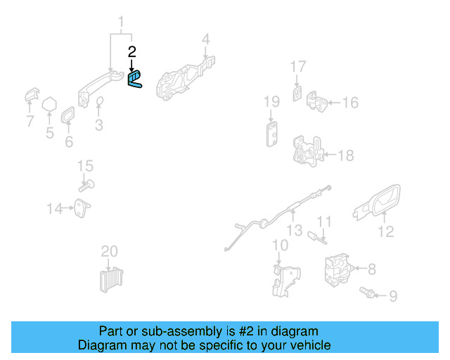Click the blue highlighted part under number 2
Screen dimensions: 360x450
(134, 79)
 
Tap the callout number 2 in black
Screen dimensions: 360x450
(131, 51)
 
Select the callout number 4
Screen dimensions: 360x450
(206, 39)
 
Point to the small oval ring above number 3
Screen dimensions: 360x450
(99, 103)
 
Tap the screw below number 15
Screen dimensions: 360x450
(86, 186)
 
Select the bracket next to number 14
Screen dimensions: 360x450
(83, 207)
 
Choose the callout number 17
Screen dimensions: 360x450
(298, 67)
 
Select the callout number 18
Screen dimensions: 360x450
(347, 156)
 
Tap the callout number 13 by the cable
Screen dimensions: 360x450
(294, 230)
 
